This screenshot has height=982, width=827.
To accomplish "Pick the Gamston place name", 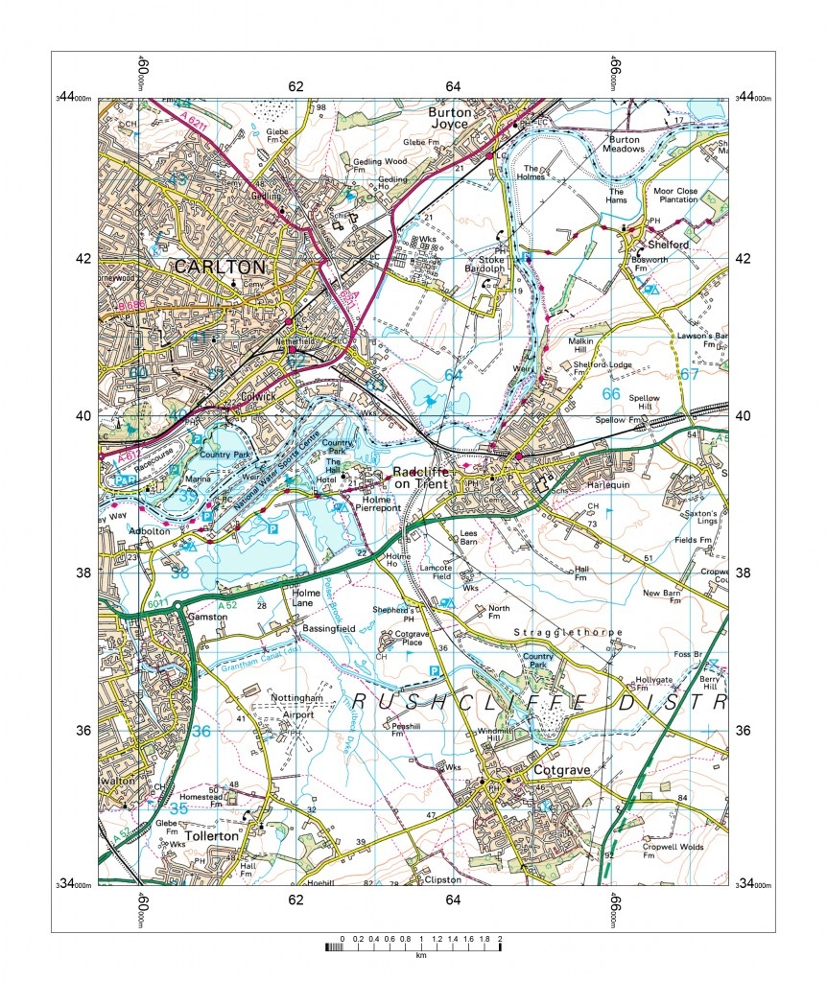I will pos(208,618).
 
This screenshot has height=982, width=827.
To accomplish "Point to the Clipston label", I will pos(442,879).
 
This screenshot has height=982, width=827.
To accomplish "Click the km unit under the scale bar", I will pos(420,956).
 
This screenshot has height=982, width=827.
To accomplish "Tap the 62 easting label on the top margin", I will pos(295,87).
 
